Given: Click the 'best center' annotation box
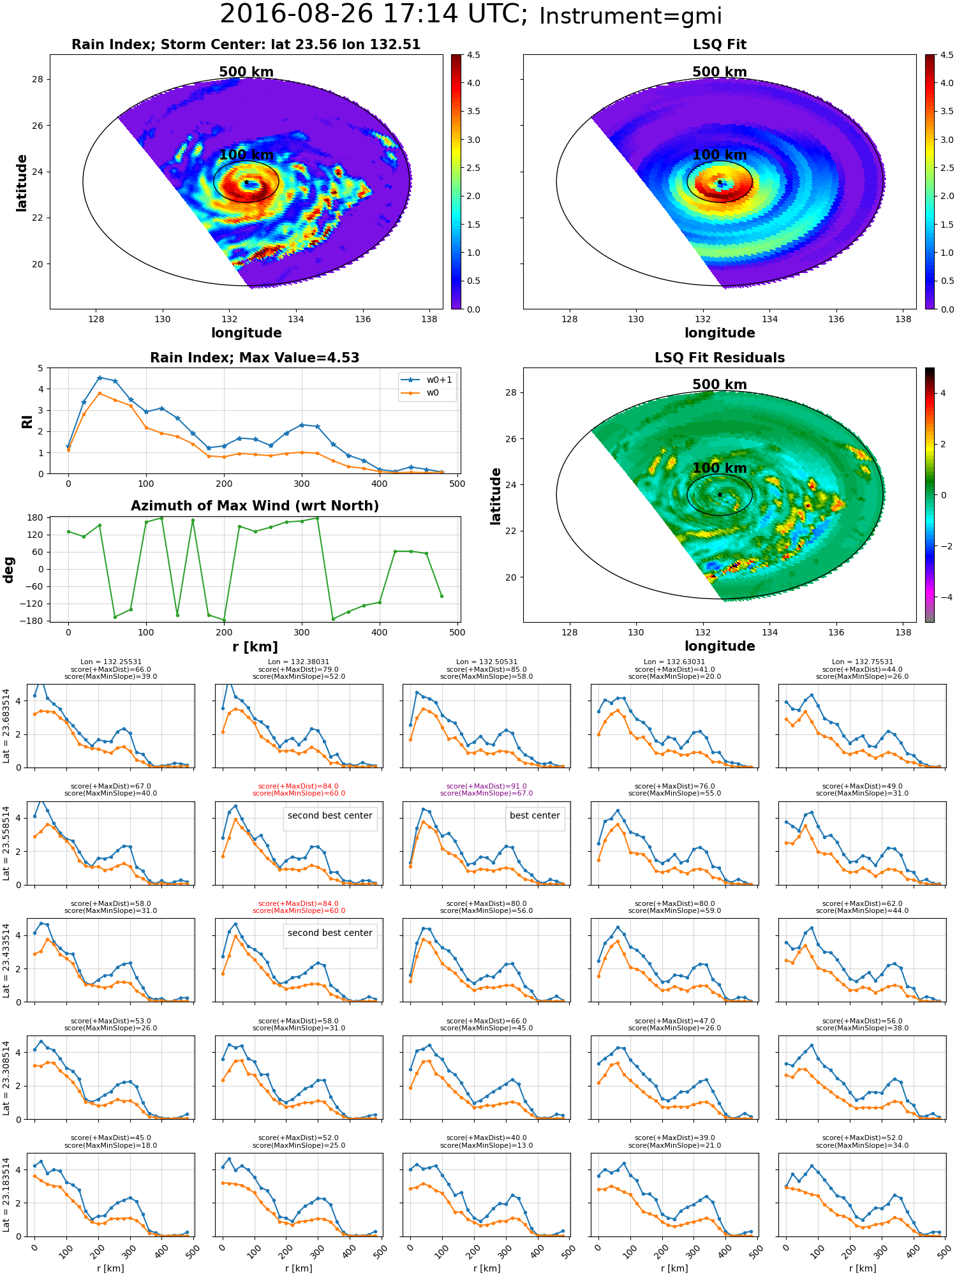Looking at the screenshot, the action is [535, 816].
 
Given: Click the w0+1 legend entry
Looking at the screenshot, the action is [427, 380].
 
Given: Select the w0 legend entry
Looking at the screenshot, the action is [421, 393].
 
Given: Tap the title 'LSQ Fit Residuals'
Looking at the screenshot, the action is [720, 358].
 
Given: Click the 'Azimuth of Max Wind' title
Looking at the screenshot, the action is [255, 506].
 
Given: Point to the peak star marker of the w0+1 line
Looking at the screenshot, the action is [100, 378].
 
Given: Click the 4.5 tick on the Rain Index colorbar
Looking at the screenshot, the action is [473, 55].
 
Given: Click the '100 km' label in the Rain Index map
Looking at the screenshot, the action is [246, 155].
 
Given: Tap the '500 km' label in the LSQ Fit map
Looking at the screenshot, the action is [720, 72].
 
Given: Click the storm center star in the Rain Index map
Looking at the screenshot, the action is [246, 182].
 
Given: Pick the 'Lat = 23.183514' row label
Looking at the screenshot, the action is [6, 1195].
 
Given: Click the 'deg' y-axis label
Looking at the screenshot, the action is [9, 570].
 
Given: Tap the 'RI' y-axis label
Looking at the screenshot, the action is [27, 422].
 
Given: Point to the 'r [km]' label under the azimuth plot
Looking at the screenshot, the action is [255, 647].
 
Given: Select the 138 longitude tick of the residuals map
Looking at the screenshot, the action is [903, 632].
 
